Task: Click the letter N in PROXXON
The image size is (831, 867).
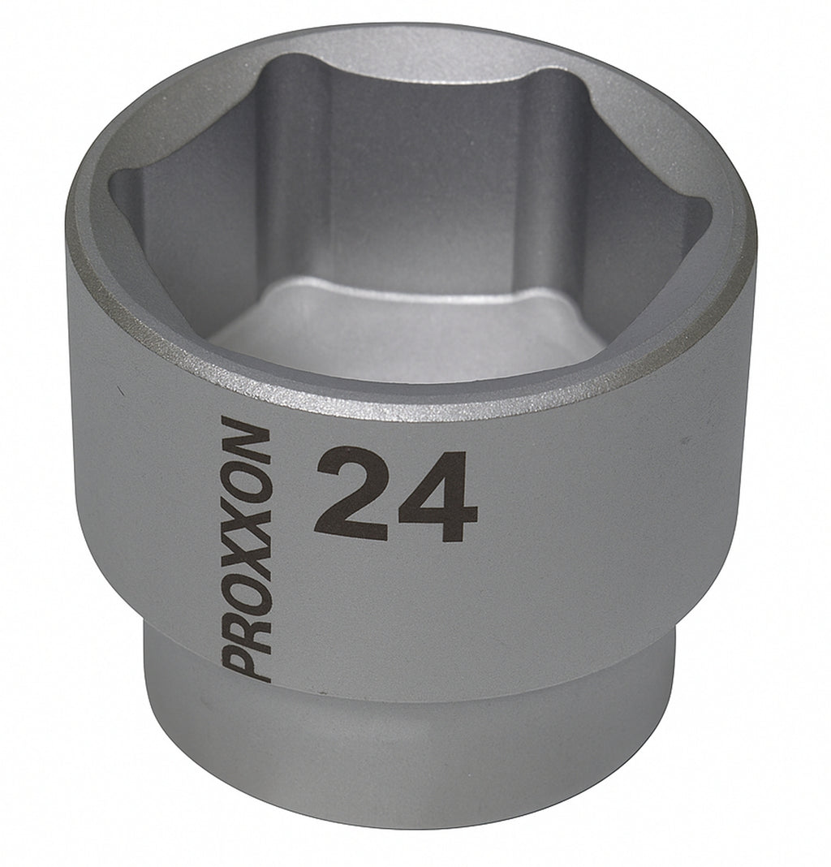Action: (x=247, y=440)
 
